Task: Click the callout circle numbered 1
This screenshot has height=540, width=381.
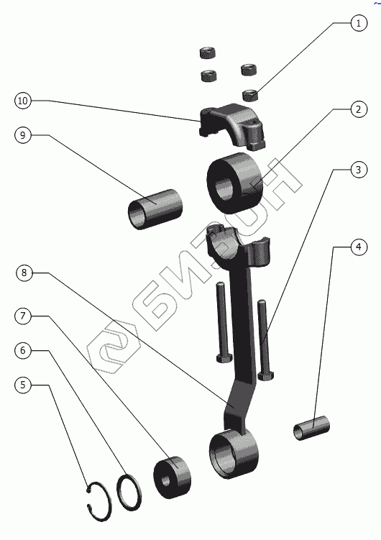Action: point(359,23)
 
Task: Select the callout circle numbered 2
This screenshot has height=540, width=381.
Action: point(359,109)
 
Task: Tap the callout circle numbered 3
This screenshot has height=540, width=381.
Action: point(359,170)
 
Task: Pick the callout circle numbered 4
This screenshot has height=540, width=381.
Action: point(359,247)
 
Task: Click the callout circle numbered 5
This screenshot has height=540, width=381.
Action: point(23,385)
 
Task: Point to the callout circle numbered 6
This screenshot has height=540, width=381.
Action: point(23,350)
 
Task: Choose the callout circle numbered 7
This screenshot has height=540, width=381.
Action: point(23,316)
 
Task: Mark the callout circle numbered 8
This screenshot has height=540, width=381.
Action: point(24,273)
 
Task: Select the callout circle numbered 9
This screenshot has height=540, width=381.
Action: point(23,135)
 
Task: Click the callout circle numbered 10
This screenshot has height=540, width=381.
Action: point(23,101)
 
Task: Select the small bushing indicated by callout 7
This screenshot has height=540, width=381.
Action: point(172,477)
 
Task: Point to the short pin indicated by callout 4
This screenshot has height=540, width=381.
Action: point(311,427)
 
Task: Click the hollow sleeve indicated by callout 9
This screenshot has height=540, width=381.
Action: point(155,209)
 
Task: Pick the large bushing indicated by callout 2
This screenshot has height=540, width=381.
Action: point(235,183)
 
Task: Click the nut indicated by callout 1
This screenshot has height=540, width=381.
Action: point(251,95)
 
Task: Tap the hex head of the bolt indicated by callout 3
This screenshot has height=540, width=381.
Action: point(266,375)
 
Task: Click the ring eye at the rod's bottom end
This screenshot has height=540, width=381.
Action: point(234,454)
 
